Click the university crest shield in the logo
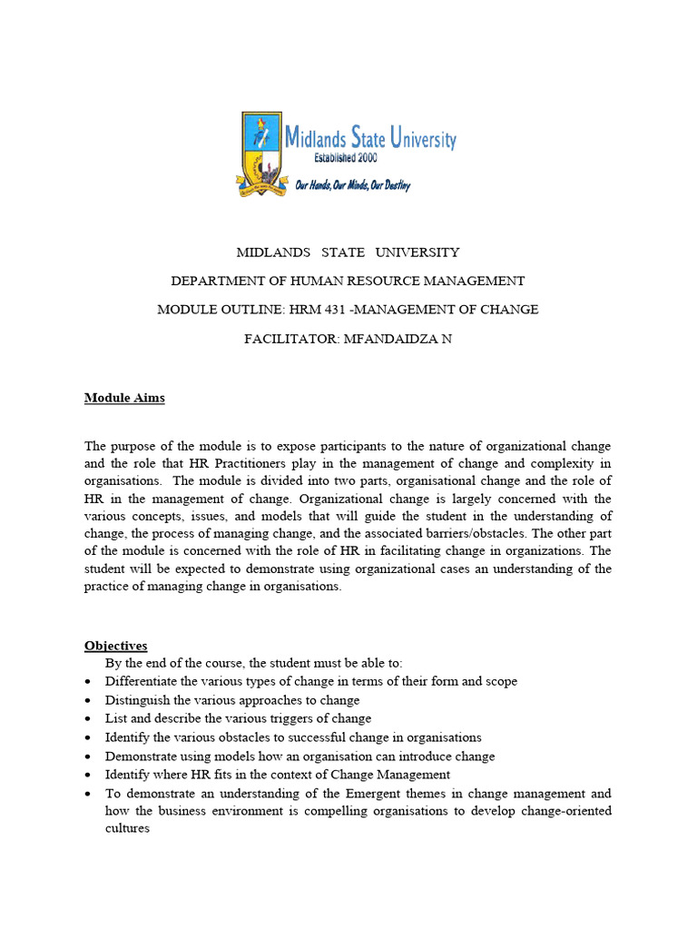(x=260, y=153)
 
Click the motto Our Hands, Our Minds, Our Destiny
(x=353, y=185)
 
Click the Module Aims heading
(x=124, y=398)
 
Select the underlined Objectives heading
(x=116, y=646)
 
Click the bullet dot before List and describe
(x=87, y=719)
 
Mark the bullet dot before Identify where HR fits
(x=87, y=776)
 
